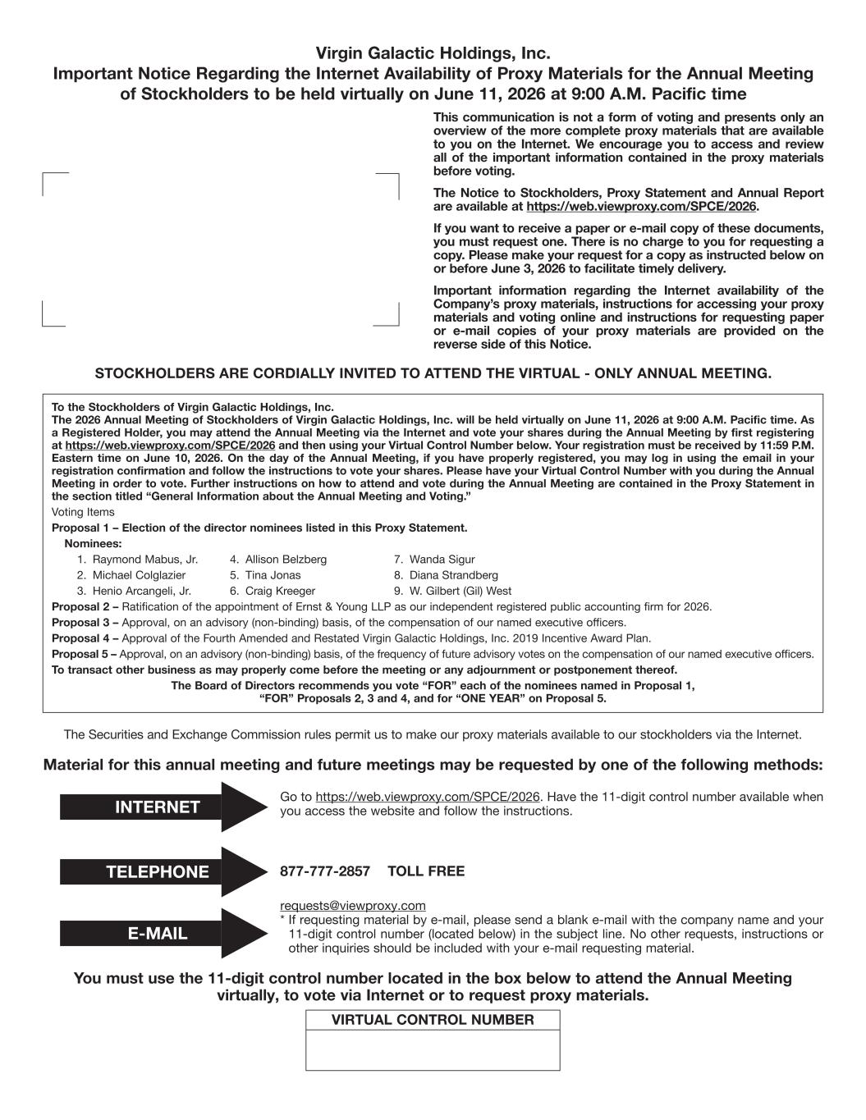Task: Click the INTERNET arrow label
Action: pos(158,807)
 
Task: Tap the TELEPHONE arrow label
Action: pos(158,872)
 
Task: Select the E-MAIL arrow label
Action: pos(158,934)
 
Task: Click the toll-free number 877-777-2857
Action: pos(325,871)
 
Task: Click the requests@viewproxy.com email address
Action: pos(353,906)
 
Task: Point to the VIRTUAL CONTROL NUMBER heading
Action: pos(433,1020)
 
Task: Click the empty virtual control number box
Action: pos(433,1050)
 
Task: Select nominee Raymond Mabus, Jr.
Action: pos(144,560)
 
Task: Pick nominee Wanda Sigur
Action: pos(442,560)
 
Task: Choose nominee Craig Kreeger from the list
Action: pos(280,591)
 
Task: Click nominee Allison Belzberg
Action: pos(286,560)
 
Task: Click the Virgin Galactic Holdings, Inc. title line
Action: pos(433,53)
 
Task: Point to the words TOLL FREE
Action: pos(425,871)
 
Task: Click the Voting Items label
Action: pos(83,512)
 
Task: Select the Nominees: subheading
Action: pos(93,544)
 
